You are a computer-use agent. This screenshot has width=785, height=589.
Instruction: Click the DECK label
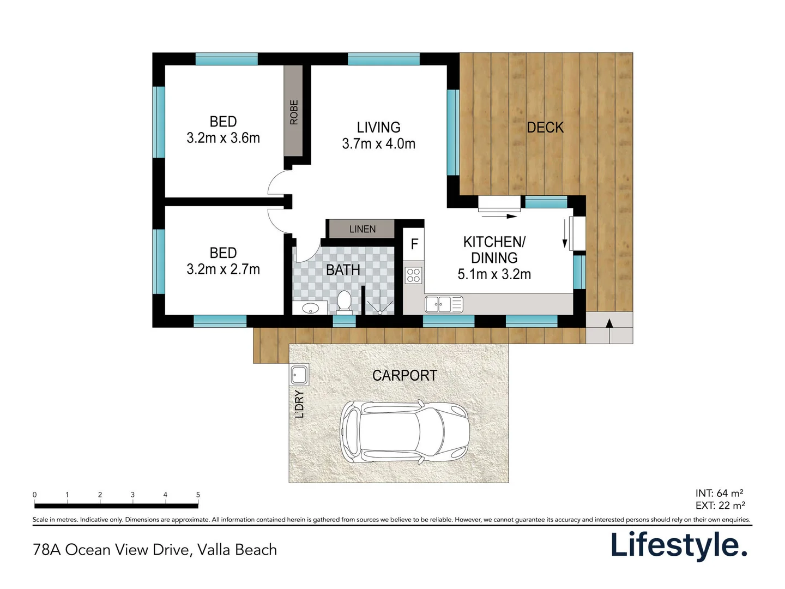[x=545, y=128]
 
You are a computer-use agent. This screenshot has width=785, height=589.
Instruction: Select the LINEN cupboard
[x=362, y=229]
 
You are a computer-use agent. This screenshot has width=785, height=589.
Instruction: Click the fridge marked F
[x=414, y=244]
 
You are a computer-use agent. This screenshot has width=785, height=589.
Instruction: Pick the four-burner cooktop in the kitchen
[x=413, y=275]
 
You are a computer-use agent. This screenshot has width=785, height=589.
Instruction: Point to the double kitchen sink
[x=443, y=304]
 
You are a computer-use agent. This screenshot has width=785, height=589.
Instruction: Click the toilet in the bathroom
[x=343, y=302]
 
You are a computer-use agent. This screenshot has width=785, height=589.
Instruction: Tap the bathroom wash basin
[x=310, y=308]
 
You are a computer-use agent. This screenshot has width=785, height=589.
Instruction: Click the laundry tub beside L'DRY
[x=299, y=375]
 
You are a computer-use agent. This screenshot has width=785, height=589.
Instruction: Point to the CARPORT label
[x=404, y=375]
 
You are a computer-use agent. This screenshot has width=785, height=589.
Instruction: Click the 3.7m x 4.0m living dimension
[x=378, y=144]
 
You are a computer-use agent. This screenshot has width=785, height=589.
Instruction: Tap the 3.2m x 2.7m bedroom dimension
[x=223, y=269]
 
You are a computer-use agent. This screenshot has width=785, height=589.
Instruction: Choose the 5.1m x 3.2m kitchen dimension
[x=494, y=274]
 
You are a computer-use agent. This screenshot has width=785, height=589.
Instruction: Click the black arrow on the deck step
[x=609, y=323]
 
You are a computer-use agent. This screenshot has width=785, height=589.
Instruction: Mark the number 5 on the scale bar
[x=198, y=495]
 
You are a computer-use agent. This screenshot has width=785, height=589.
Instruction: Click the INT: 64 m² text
[x=719, y=493]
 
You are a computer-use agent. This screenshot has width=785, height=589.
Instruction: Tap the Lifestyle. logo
[x=678, y=545]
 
